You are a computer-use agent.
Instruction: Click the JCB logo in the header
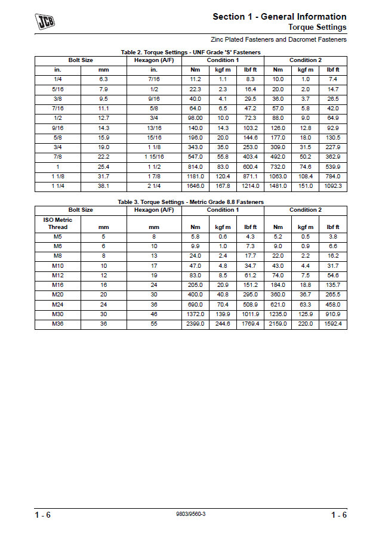[45, 23]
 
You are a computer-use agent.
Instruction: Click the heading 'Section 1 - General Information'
[279, 17]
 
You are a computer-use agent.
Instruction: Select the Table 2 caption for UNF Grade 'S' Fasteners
[190, 52]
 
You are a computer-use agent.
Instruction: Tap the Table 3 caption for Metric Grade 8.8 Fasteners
[190, 202]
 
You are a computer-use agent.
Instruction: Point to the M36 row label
[58, 324]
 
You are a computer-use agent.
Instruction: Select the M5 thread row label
[58, 237]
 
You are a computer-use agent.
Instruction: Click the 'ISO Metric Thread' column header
[58, 224]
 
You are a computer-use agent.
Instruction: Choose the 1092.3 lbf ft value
[332, 186]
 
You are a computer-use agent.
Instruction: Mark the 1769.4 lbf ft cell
[250, 324]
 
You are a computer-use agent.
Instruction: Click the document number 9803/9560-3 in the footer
[191, 514]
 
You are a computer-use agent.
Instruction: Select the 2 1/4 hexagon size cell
[154, 186]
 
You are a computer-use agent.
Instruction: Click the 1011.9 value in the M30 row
[250, 314]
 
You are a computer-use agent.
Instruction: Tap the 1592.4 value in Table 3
[332, 324]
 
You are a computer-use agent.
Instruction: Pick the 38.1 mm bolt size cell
[103, 186]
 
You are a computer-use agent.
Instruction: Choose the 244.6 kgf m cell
[223, 324]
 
